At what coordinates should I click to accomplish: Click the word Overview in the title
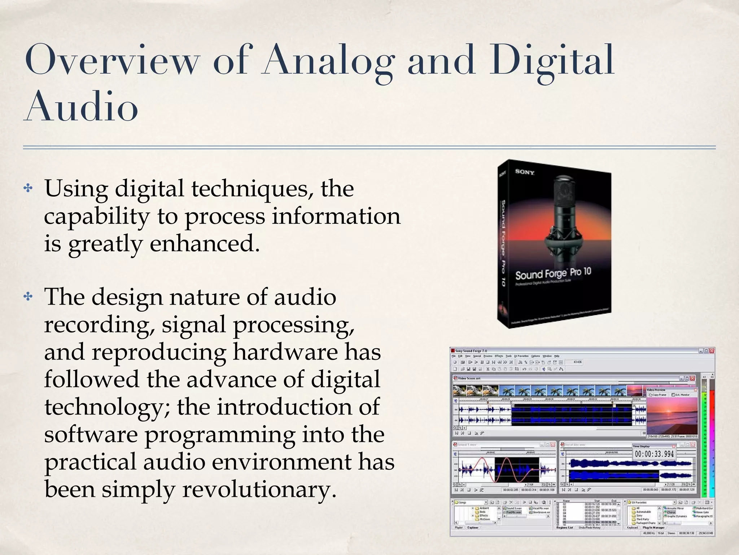[112, 60]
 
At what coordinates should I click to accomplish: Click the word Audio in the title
[81, 107]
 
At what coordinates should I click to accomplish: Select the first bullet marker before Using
[28, 188]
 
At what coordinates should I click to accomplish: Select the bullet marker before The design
[28, 297]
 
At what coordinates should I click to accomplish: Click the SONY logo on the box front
[524, 172]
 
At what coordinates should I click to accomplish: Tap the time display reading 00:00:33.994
[654, 454]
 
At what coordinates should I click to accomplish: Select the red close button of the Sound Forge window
[712, 351]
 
